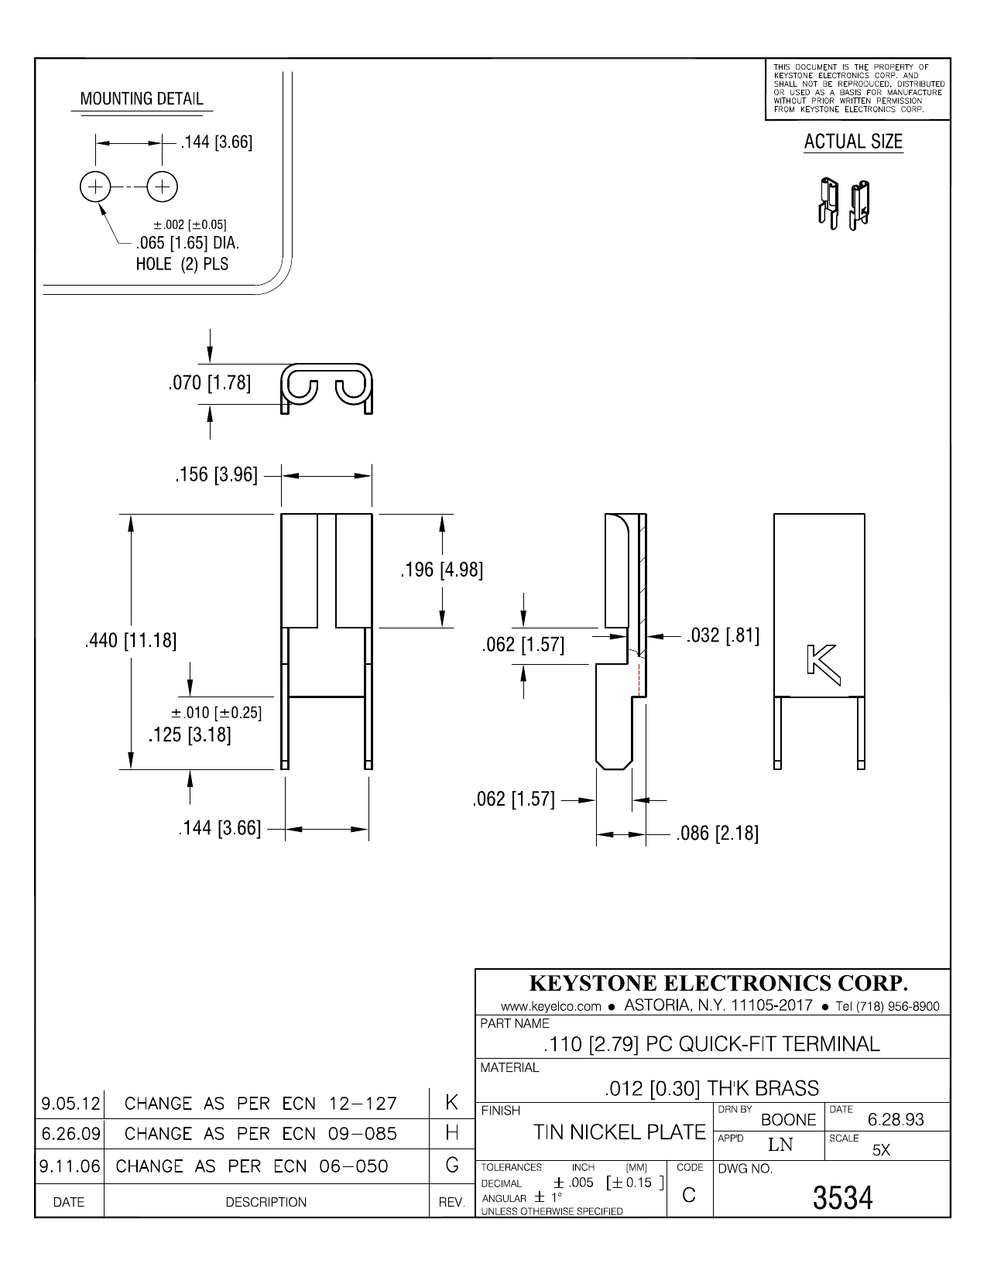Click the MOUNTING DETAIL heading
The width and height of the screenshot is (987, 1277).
142,99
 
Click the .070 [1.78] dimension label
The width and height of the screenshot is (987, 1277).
209,383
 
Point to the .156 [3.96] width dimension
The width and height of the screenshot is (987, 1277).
216,474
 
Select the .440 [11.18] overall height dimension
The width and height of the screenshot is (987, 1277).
130,641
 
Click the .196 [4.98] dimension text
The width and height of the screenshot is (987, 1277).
441,571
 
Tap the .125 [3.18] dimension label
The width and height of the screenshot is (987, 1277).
190,734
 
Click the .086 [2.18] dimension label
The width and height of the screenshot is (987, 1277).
717,834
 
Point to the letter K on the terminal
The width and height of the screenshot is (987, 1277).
822,660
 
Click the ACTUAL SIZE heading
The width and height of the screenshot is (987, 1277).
853,142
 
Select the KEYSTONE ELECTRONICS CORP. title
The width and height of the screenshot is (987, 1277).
718,983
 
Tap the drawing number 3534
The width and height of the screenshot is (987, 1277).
842,1198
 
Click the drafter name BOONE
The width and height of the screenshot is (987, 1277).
789,1120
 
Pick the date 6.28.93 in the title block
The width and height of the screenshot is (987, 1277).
896,1120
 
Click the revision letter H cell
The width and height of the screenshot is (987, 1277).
453,1133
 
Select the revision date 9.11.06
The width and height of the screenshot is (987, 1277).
70,1165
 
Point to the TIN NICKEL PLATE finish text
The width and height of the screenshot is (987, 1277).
619,1132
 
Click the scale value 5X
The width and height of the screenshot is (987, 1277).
881,1150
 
